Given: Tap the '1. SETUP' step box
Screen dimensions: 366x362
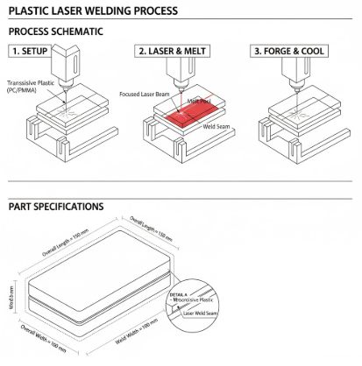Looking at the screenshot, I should [x=32, y=51].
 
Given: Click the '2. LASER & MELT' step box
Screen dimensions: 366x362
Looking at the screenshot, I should [x=171, y=51].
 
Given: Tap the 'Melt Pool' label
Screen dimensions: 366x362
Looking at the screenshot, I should [x=199, y=100].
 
